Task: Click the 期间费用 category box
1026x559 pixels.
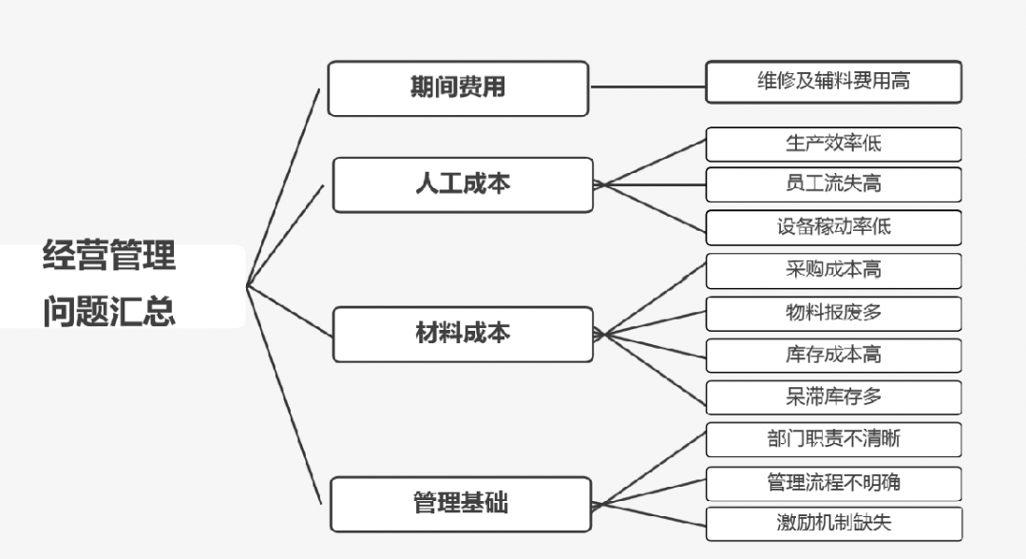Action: (x=458, y=88)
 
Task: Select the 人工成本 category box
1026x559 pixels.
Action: (x=463, y=184)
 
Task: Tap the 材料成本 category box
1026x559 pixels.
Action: (x=463, y=334)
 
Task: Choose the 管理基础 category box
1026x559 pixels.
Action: (x=461, y=504)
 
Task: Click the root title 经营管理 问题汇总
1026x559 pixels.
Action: (x=109, y=284)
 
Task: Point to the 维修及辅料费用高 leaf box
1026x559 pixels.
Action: (x=833, y=82)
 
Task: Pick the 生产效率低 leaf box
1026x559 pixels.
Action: (x=833, y=144)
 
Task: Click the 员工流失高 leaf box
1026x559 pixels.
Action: (x=833, y=184)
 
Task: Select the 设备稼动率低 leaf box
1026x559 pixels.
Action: (x=833, y=227)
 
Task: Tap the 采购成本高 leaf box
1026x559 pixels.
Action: (x=833, y=270)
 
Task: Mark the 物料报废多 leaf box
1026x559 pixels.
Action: (x=833, y=313)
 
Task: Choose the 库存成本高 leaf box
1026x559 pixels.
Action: (x=833, y=355)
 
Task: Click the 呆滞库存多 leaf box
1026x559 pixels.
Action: (x=833, y=396)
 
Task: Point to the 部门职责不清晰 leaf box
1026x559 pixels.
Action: (x=833, y=439)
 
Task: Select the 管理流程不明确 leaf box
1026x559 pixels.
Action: (x=833, y=483)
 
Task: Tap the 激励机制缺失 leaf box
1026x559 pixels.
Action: (x=833, y=523)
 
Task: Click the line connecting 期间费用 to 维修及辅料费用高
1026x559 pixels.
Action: (x=647, y=87)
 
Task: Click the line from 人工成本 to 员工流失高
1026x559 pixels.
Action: (x=650, y=183)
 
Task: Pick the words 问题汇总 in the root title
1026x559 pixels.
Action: (x=109, y=312)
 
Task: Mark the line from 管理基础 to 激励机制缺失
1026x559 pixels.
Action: (x=650, y=513)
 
